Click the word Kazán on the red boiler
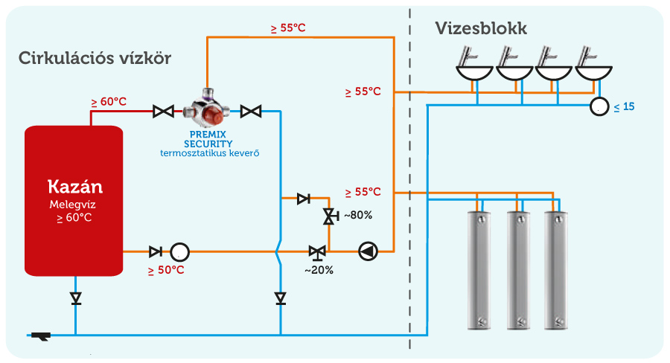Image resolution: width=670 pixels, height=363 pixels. (x=75, y=187)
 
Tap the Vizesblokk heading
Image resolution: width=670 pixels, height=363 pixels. (x=481, y=28)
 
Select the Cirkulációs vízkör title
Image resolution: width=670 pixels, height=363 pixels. (x=95, y=58)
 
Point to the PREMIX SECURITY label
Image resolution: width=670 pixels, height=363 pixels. (x=208, y=139)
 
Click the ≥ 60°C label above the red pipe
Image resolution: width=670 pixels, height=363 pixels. (x=109, y=102)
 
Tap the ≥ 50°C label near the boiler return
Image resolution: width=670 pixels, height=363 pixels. (x=166, y=270)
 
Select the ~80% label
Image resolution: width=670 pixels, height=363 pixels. (x=358, y=215)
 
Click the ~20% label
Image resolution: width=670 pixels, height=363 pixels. (x=319, y=270)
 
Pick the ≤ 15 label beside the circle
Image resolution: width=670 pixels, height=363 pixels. (x=625, y=107)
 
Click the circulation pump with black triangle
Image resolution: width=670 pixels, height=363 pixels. (x=368, y=251)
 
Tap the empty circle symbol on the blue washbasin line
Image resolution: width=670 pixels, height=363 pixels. (x=599, y=106)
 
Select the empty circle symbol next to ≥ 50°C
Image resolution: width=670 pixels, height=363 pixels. (x=180, y=252)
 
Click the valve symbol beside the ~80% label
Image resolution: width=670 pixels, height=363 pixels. (x=330, y=216)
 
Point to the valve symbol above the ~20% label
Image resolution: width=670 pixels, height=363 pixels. (x=317, y=252)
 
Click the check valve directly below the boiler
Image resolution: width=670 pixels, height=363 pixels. (x=76, y=298)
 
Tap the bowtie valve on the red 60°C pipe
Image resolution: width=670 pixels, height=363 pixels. (x=163, y=112)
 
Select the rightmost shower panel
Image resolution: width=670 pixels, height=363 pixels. (x=556, y=270)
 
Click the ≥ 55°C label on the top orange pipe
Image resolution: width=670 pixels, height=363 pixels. (x=288, y=28)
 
